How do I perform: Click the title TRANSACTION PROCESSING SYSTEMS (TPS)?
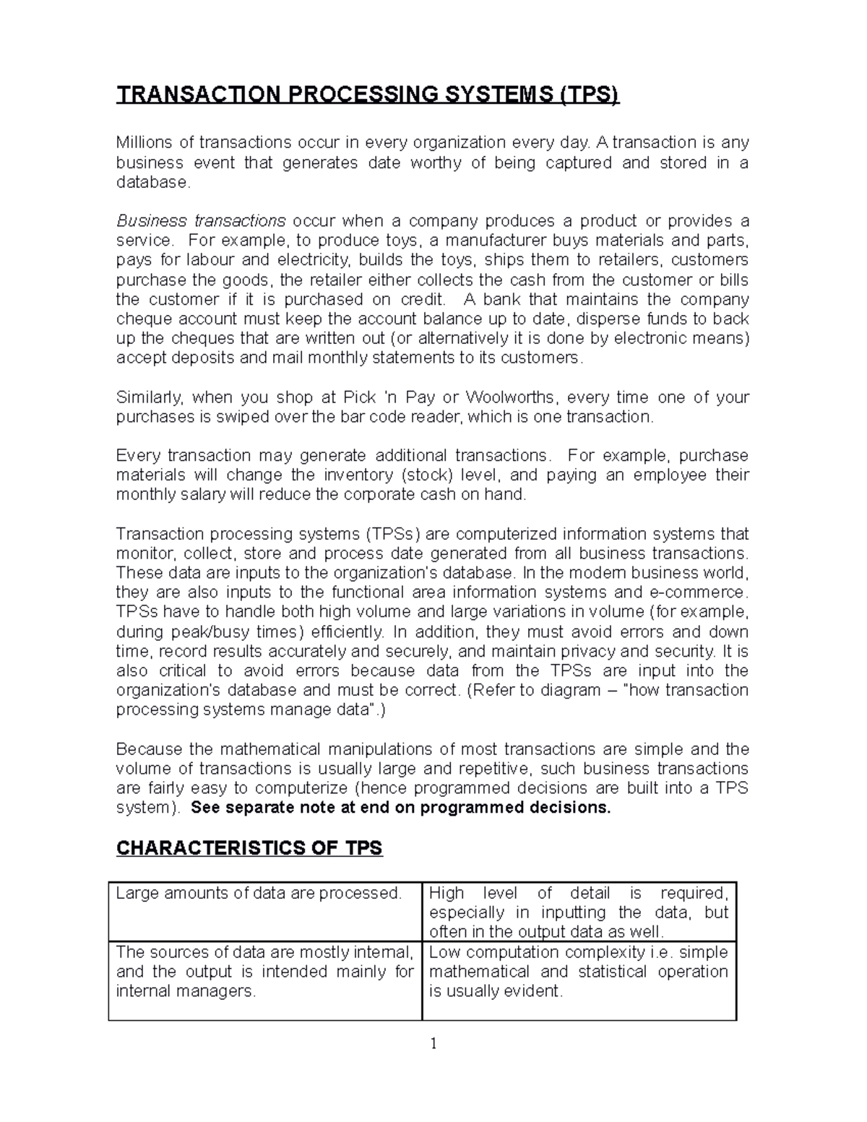tap(368, 95)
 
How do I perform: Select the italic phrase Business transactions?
tap(201, 220)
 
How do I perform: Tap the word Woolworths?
tap(510, 397)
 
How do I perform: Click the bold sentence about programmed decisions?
tap(401, 808)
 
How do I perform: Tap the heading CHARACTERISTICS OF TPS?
tap(249, 847)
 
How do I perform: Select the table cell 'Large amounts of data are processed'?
tap(259, 894)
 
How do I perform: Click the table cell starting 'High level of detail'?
tap(578, 912)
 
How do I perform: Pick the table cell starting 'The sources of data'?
tap(264, 972)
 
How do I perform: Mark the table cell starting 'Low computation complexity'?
tap(578, 972)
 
